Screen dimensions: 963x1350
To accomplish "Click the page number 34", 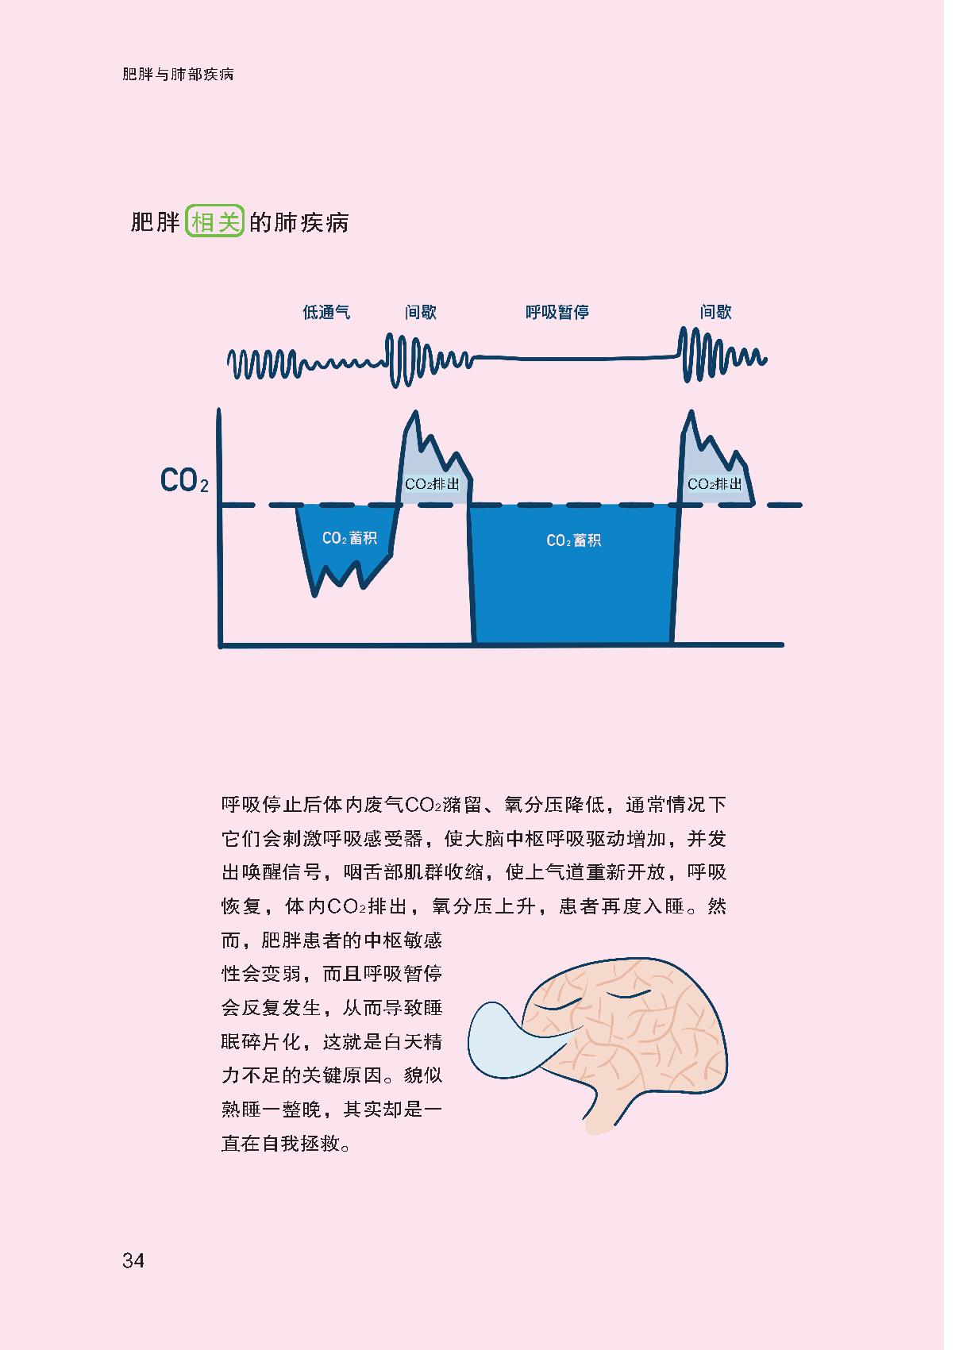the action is point(133,1260).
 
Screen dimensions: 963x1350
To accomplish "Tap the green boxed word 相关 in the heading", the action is point(214,222).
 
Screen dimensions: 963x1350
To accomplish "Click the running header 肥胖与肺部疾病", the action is point(178,75).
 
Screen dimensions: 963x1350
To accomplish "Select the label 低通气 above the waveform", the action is point(326,313).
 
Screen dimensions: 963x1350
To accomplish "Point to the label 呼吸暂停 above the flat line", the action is point(557,313).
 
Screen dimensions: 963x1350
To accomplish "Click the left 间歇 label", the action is point(420,313).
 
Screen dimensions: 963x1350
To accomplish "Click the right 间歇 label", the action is point(715,313).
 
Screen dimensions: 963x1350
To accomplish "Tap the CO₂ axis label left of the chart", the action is point(184,481).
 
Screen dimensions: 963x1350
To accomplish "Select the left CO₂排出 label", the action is point(432,484).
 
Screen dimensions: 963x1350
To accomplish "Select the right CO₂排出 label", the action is point(715,484).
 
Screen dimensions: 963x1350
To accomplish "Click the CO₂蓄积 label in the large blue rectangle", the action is point(573,540).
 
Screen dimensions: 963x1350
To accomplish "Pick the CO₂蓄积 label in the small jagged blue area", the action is point(349,538).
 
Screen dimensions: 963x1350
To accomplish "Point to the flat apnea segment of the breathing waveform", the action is point(572,359).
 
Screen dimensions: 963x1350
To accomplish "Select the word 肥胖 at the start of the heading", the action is point(156,222).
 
